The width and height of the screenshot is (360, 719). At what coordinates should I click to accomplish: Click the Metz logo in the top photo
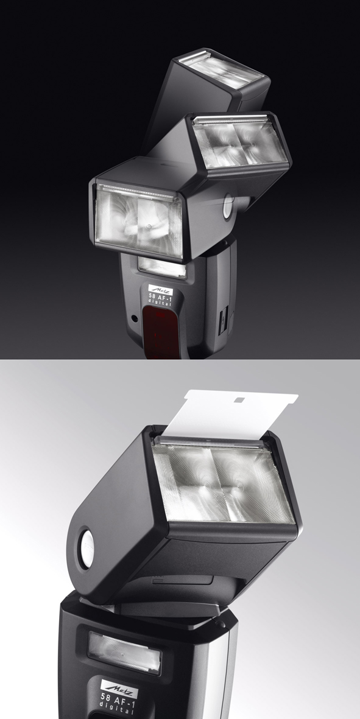pos(161,290)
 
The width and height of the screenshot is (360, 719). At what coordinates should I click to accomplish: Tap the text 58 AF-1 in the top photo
pos(161,297)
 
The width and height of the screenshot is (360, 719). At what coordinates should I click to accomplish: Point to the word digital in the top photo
pos(161,304)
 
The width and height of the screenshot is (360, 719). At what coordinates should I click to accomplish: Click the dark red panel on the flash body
pos(160,331)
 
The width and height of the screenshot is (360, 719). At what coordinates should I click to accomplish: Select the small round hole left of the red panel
pos(134,318)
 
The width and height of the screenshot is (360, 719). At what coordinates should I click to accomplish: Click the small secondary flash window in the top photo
pos(163,268)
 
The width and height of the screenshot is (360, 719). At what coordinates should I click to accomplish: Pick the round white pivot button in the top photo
pos(228,206)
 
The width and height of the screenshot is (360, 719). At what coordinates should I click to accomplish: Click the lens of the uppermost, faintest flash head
pos(221,69)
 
